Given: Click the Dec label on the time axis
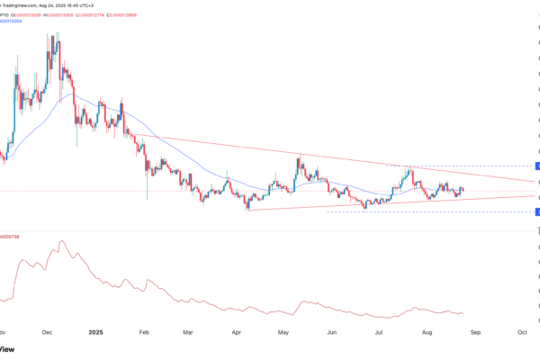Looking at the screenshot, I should point(49,331).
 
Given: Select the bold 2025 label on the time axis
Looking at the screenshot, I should point(98,331).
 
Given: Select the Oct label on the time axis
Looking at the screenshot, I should point(523,331).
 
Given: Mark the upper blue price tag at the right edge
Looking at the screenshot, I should point(536,166).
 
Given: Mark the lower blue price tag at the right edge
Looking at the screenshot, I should point(536,211).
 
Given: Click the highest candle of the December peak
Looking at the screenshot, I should point(58,38).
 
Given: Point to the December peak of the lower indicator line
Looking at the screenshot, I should point(62,241).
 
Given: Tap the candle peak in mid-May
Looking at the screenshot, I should point(300,162).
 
